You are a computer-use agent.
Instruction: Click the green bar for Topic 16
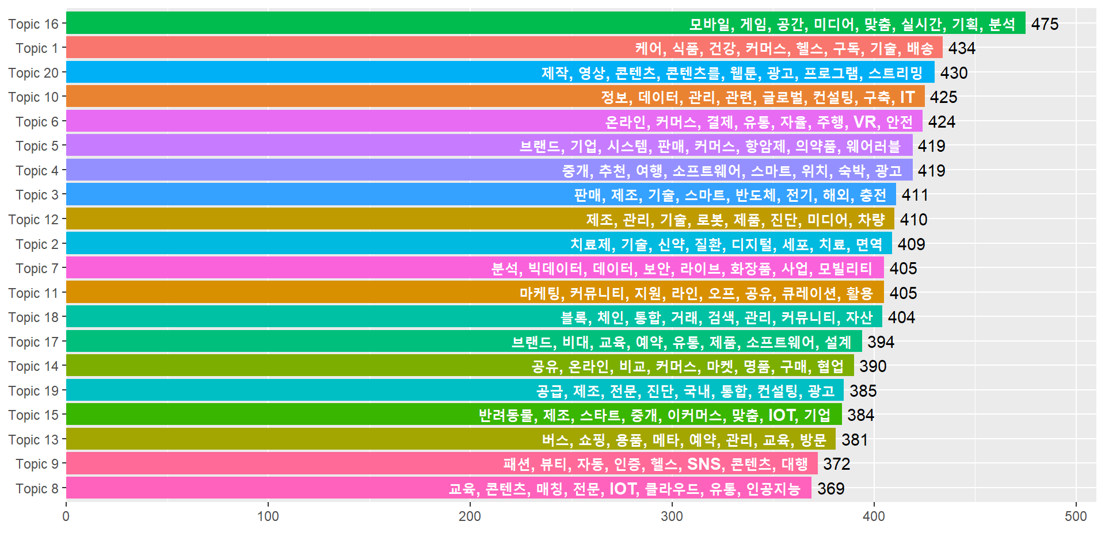[374, 24]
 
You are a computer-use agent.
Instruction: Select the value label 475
[1045, 24]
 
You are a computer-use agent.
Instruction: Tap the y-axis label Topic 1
[37, 48]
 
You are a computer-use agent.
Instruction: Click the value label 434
[962, 48]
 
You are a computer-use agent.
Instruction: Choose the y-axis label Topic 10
[33, 97]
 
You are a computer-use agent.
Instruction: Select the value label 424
[942, 122]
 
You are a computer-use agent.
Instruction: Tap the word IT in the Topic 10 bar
[908, 97]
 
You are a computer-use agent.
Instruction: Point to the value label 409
[911, 244]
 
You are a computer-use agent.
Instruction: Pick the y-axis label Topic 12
[33, 220]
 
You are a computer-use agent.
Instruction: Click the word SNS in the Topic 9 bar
[704, 464]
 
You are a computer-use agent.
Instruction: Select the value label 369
[830, 489]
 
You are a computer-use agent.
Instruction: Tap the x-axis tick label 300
[672, 516]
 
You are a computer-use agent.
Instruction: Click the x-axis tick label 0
[66, 516]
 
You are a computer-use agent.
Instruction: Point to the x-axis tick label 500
[1076, 516]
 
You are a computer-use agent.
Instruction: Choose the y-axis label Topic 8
[37, 489]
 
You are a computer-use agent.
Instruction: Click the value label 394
[881, 342]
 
